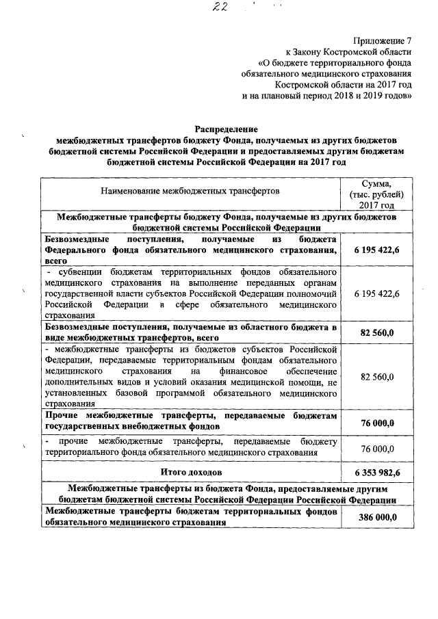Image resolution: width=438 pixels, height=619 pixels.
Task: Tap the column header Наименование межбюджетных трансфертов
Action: [190, 192]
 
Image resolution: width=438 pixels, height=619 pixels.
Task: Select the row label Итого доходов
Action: [191, 473]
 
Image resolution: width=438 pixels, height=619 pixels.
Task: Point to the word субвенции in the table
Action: [78, 272]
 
